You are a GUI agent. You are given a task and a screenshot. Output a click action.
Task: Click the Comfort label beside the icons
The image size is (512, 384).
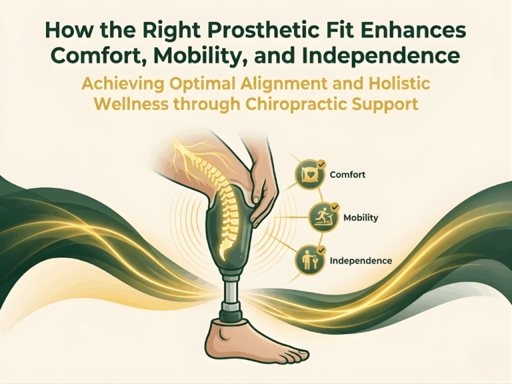348,176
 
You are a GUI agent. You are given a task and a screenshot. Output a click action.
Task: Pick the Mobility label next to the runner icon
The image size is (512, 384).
361,218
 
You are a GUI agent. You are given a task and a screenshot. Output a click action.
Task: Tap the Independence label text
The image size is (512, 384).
361,260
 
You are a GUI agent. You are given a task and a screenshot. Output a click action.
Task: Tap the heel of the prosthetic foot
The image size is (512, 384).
212,340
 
